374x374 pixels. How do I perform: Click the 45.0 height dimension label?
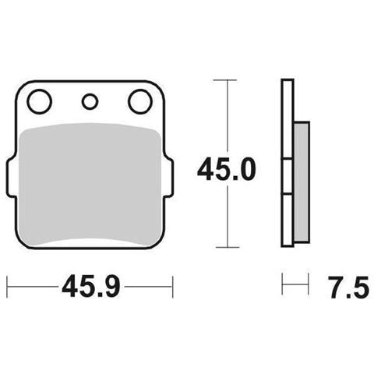(227, 169)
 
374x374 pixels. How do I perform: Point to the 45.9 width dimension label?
(91, 287)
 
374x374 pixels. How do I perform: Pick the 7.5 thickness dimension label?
(348, 287)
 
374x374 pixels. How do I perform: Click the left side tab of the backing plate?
(10, 178)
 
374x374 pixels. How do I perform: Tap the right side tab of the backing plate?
(169, 178)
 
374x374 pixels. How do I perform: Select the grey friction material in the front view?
(90, 185)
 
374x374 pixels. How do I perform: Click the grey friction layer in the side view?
(302, 182)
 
